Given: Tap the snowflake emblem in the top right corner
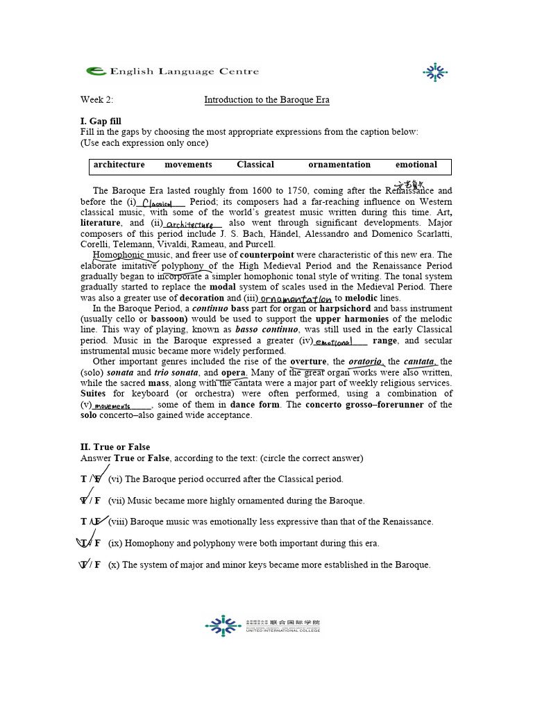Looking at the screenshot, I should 435,72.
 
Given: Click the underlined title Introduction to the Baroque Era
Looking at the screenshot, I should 266,100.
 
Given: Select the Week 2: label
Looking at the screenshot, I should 96,100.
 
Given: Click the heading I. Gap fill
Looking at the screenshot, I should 101,122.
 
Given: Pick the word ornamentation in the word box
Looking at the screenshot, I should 339,165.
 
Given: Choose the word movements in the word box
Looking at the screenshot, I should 188,165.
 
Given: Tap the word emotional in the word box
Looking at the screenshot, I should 416,165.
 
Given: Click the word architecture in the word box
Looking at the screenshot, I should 119,165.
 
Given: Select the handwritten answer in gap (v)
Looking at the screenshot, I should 112,405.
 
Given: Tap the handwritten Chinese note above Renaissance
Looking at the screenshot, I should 409,185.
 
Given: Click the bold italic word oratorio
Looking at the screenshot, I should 365,362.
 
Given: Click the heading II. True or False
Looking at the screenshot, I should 115,447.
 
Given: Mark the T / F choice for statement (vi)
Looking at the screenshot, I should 91,479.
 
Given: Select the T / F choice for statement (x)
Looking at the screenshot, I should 91,564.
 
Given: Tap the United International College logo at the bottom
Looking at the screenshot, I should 263,626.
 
